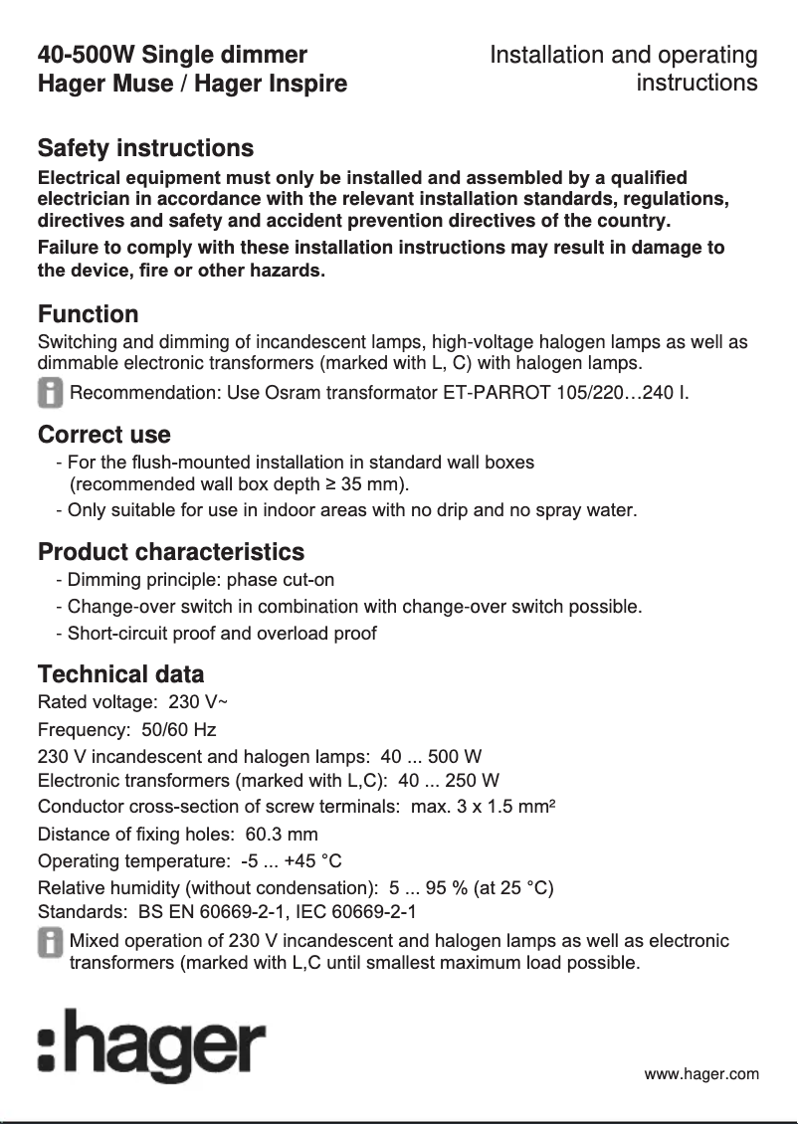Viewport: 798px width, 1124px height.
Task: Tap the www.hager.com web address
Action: tap(701, 1073)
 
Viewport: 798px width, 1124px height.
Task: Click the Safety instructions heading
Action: tap(145, 148)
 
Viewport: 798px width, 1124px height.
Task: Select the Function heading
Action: tap(88, 314)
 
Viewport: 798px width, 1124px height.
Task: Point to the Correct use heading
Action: tap(103, 435)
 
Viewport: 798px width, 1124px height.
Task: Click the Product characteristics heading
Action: tap(170, 552)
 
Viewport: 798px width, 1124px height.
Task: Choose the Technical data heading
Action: tap(120, 674)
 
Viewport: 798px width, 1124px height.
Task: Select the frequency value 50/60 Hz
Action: tap(178, 729)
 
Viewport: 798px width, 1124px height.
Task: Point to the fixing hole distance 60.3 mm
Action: tap(282, 835)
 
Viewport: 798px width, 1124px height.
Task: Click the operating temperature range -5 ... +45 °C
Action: tap(285, 860)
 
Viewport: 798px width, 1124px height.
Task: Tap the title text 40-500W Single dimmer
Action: tap(172, 55)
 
